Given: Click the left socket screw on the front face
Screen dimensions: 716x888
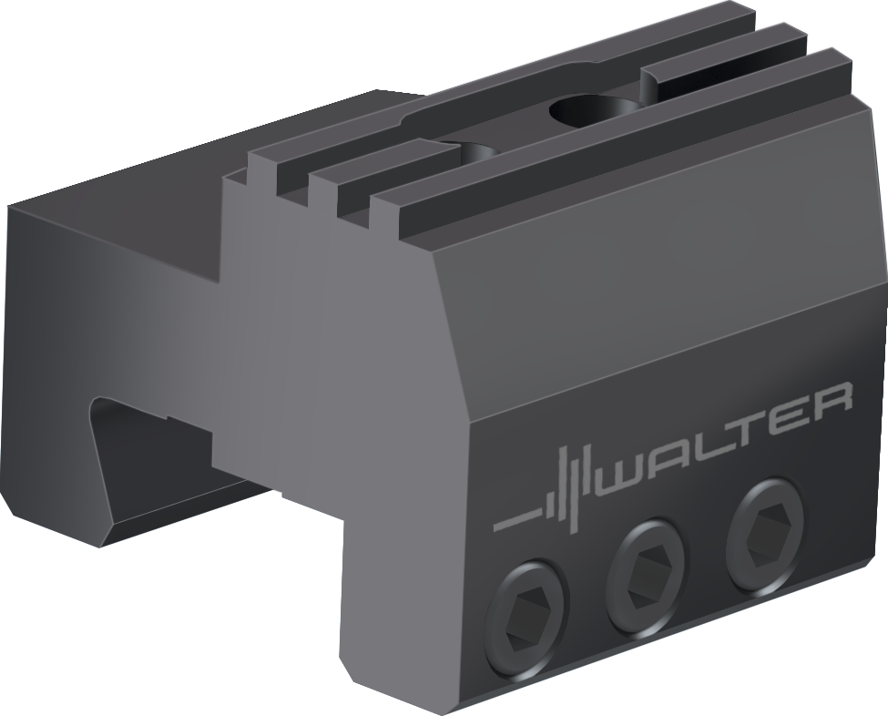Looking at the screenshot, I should tap(527, 618).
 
